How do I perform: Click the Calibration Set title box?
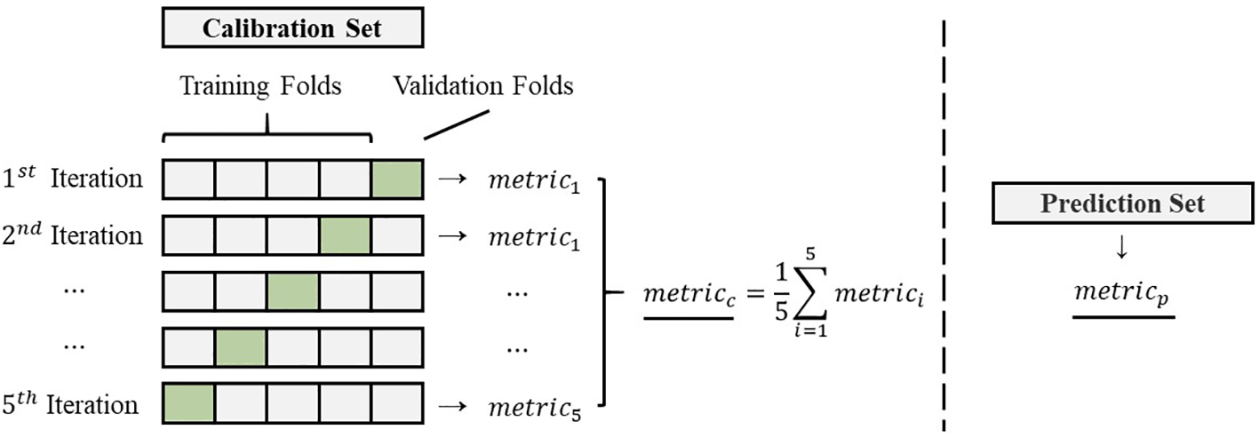pos(292,28)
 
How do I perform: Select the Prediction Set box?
pos(1123,203)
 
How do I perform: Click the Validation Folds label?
pos(483,87)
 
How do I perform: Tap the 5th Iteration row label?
pos(71,405)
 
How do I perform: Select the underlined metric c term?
pos(689,295)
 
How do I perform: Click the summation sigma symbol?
pos(805,290)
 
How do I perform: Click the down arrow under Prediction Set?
pos(1123,251)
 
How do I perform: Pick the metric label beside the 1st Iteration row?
pos(534,181)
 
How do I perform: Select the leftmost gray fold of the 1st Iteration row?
pos(189,179)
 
